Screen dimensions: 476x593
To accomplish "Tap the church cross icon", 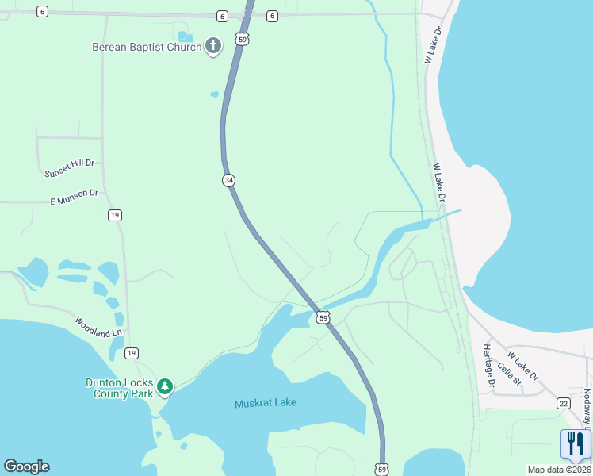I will coord(212,47).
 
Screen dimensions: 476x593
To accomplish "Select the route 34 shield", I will coord(228,180).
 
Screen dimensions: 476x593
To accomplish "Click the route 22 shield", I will coord(563,404).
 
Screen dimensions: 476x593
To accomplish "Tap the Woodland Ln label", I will coord(100,327).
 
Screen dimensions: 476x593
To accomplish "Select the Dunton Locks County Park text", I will coord(119,387).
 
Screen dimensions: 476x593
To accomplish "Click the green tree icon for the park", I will coord(164,387).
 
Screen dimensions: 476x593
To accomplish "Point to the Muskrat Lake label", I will coord(266,403).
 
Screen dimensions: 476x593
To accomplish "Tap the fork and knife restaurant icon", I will coord(576,444).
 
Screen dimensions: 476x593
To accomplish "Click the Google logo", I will coord(26,466).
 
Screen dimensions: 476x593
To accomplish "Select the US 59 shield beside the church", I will coord(243,38).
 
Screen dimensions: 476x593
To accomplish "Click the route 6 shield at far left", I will coord(42,12).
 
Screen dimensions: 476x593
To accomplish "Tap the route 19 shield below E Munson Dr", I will coord(115,215).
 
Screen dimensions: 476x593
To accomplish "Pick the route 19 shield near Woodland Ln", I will coord(132,353).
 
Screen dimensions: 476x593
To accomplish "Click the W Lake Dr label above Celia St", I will coord(522,365).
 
